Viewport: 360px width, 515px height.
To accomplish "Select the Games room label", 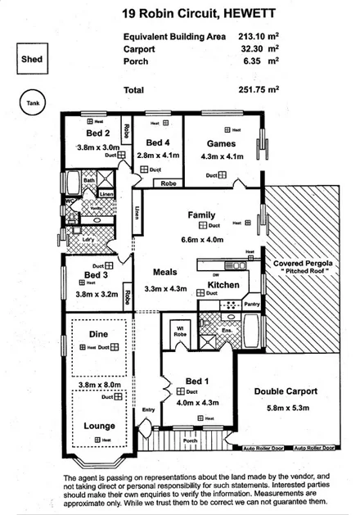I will click(x=216, y=142).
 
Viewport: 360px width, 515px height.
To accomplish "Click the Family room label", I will click(x=201, y=215).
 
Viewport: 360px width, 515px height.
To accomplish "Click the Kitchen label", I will click(x=223, y=284).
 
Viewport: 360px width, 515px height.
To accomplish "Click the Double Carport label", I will click(x=285, y=391).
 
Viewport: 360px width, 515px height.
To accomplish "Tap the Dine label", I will click(x=97, y=334).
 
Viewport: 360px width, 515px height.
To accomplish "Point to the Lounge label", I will click(x=99, y=426).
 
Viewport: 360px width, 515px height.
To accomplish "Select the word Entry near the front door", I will click(x=148, y=409).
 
